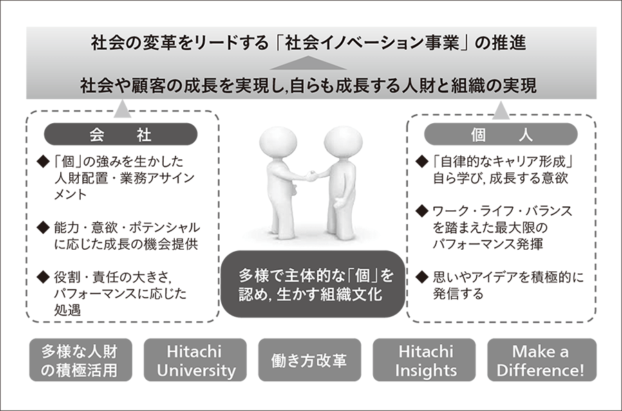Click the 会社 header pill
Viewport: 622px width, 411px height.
[x=120, y=134]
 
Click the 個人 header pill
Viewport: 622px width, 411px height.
[x=500, y=134]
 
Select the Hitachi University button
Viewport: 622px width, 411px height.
[x=195, y=360]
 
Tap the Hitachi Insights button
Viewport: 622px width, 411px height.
[x=424, y=360]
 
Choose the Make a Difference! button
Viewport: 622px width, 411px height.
[x=541, y=360]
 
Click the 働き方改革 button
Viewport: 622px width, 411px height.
[x=310, y=360]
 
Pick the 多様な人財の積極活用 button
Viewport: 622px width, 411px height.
[x=81, y=360]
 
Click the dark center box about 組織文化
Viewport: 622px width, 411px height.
[x=313, y=284]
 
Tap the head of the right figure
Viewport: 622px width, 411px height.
[x=343, y=144]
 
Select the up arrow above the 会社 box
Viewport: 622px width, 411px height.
[x=122, y=109]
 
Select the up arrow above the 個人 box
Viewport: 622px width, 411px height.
[x=500, y=110]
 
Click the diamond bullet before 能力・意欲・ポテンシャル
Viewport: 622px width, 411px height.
[x=42, y=228]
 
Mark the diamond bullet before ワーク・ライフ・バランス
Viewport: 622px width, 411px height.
[x=422, y=211]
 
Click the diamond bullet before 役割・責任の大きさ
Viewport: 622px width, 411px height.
[x=42, y=277]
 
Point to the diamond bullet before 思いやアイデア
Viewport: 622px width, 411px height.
[x=422, y=277]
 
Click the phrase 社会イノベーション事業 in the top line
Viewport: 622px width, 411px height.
[x=372, y=43]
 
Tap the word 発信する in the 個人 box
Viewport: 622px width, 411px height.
[x=458, y=293]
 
